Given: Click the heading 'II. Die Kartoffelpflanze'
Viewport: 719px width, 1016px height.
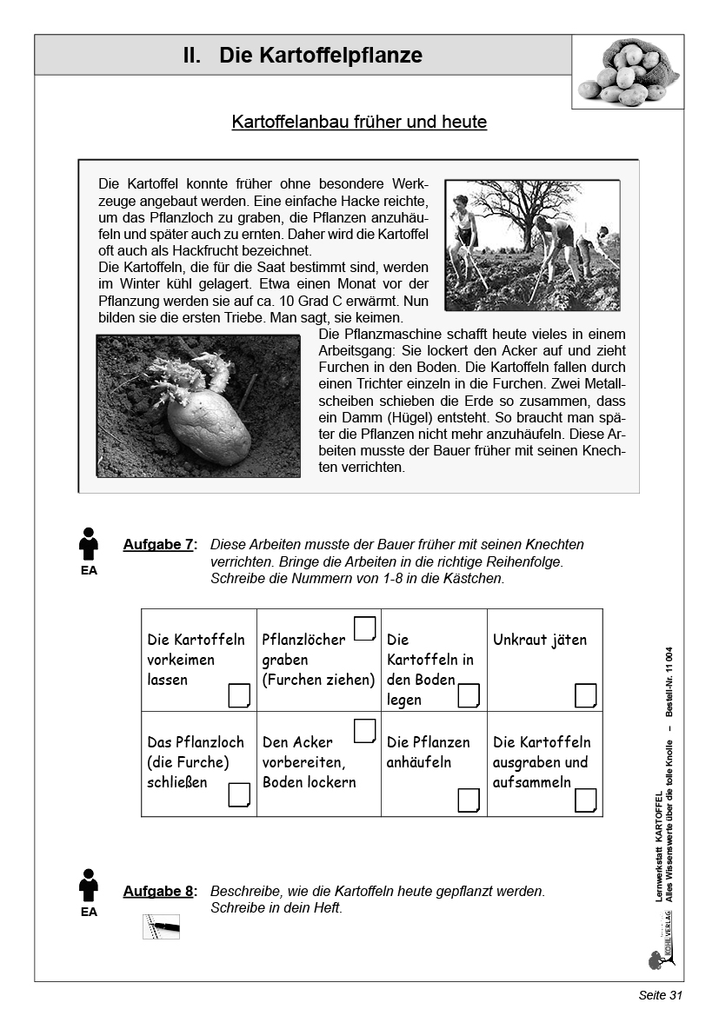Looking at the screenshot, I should tap(303, 56).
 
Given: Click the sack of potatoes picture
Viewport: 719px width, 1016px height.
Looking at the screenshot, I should tap(627, 72).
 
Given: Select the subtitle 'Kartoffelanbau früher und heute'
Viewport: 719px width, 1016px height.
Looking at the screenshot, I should tap(359, 122).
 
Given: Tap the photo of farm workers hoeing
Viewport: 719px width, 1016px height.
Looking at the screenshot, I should tap(532, 245).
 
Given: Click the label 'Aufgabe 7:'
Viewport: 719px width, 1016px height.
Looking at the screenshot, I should tap(160, 545).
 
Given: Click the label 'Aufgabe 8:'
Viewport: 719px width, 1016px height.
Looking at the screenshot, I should tap(160, 892).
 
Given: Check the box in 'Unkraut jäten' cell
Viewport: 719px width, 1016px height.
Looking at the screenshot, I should tap(586, 695).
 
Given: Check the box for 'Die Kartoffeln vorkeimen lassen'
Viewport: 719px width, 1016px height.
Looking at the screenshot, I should tap(238, 695).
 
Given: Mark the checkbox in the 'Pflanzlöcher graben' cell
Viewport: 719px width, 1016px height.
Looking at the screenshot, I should tap(365, 628).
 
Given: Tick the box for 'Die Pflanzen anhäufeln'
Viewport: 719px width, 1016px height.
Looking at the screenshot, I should tap(469, 800).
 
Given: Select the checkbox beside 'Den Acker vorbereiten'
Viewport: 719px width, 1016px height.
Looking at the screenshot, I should tap(365, 731).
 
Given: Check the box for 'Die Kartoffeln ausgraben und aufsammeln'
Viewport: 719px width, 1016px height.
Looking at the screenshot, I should tap(586, 800).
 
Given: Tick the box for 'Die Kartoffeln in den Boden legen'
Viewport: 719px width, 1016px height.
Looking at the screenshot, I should tap(469, 695).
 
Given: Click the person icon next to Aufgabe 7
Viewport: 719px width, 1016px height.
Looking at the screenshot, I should tap(89, 544).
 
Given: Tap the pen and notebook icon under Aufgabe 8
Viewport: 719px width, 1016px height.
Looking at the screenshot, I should tap(161, 926).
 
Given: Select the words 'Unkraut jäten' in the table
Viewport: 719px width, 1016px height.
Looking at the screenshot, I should tap(540, 641).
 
